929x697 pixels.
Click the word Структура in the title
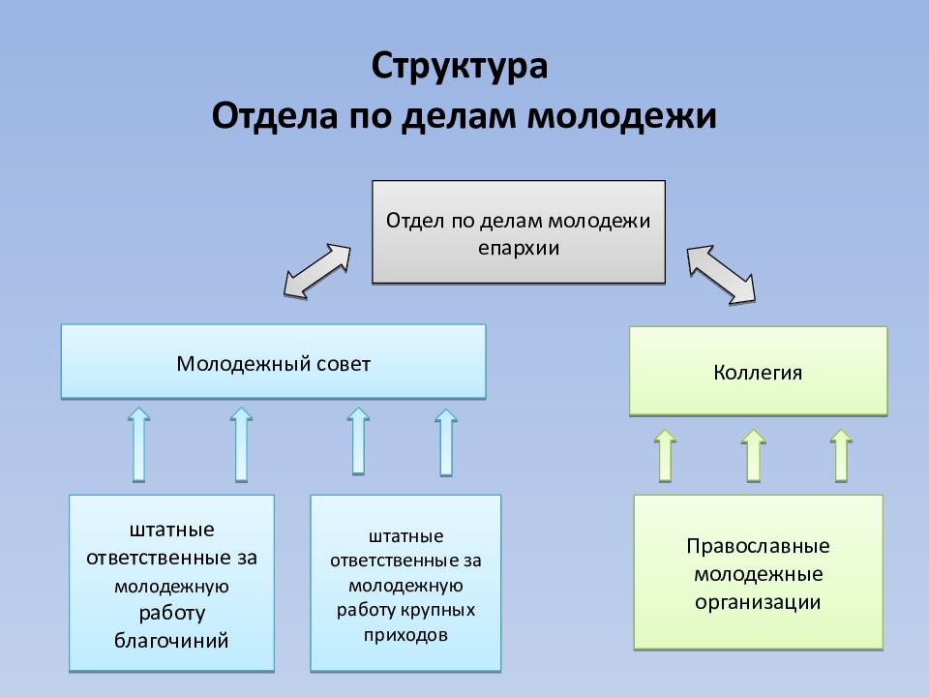[460, 68]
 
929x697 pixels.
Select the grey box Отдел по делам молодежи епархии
[519, 232]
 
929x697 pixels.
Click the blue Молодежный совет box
[273, 362]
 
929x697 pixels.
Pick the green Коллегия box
[758, 371]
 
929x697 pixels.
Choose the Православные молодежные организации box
[758, 572]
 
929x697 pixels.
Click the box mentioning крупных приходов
[405, 584]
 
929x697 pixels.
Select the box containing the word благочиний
[171, 584]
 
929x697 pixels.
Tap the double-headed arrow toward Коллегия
[721, 275]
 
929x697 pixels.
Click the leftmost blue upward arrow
[138, 444]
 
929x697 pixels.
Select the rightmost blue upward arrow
[445, 441]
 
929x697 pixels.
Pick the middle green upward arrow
[753, 454]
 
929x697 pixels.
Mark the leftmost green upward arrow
[665, 454]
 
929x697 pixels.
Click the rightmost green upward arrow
[842, 454]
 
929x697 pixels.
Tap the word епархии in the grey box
[519, 247]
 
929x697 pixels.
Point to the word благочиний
[171, 640]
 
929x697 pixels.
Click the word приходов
[406, 636]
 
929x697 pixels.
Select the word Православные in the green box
[758, 545]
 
